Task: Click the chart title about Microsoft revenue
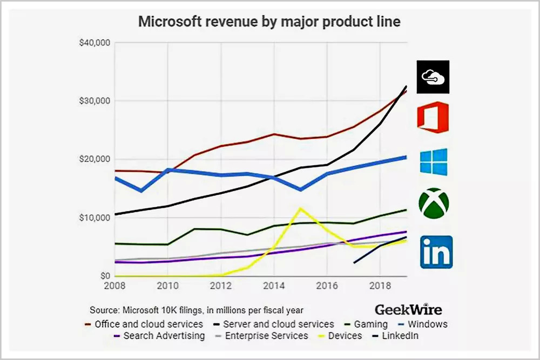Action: pyautogui.click(x=270, y=22)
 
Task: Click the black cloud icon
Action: pyautogui.click(x=433, y=77)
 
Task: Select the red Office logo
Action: pyautogui.click(x=433, y=118)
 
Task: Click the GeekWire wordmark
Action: pyautogui.click(x=408, y=310)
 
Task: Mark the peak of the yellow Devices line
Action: pyautogui.click(x=300, y=208)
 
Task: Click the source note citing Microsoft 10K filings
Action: pyautogui.click(x=196, y=310)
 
